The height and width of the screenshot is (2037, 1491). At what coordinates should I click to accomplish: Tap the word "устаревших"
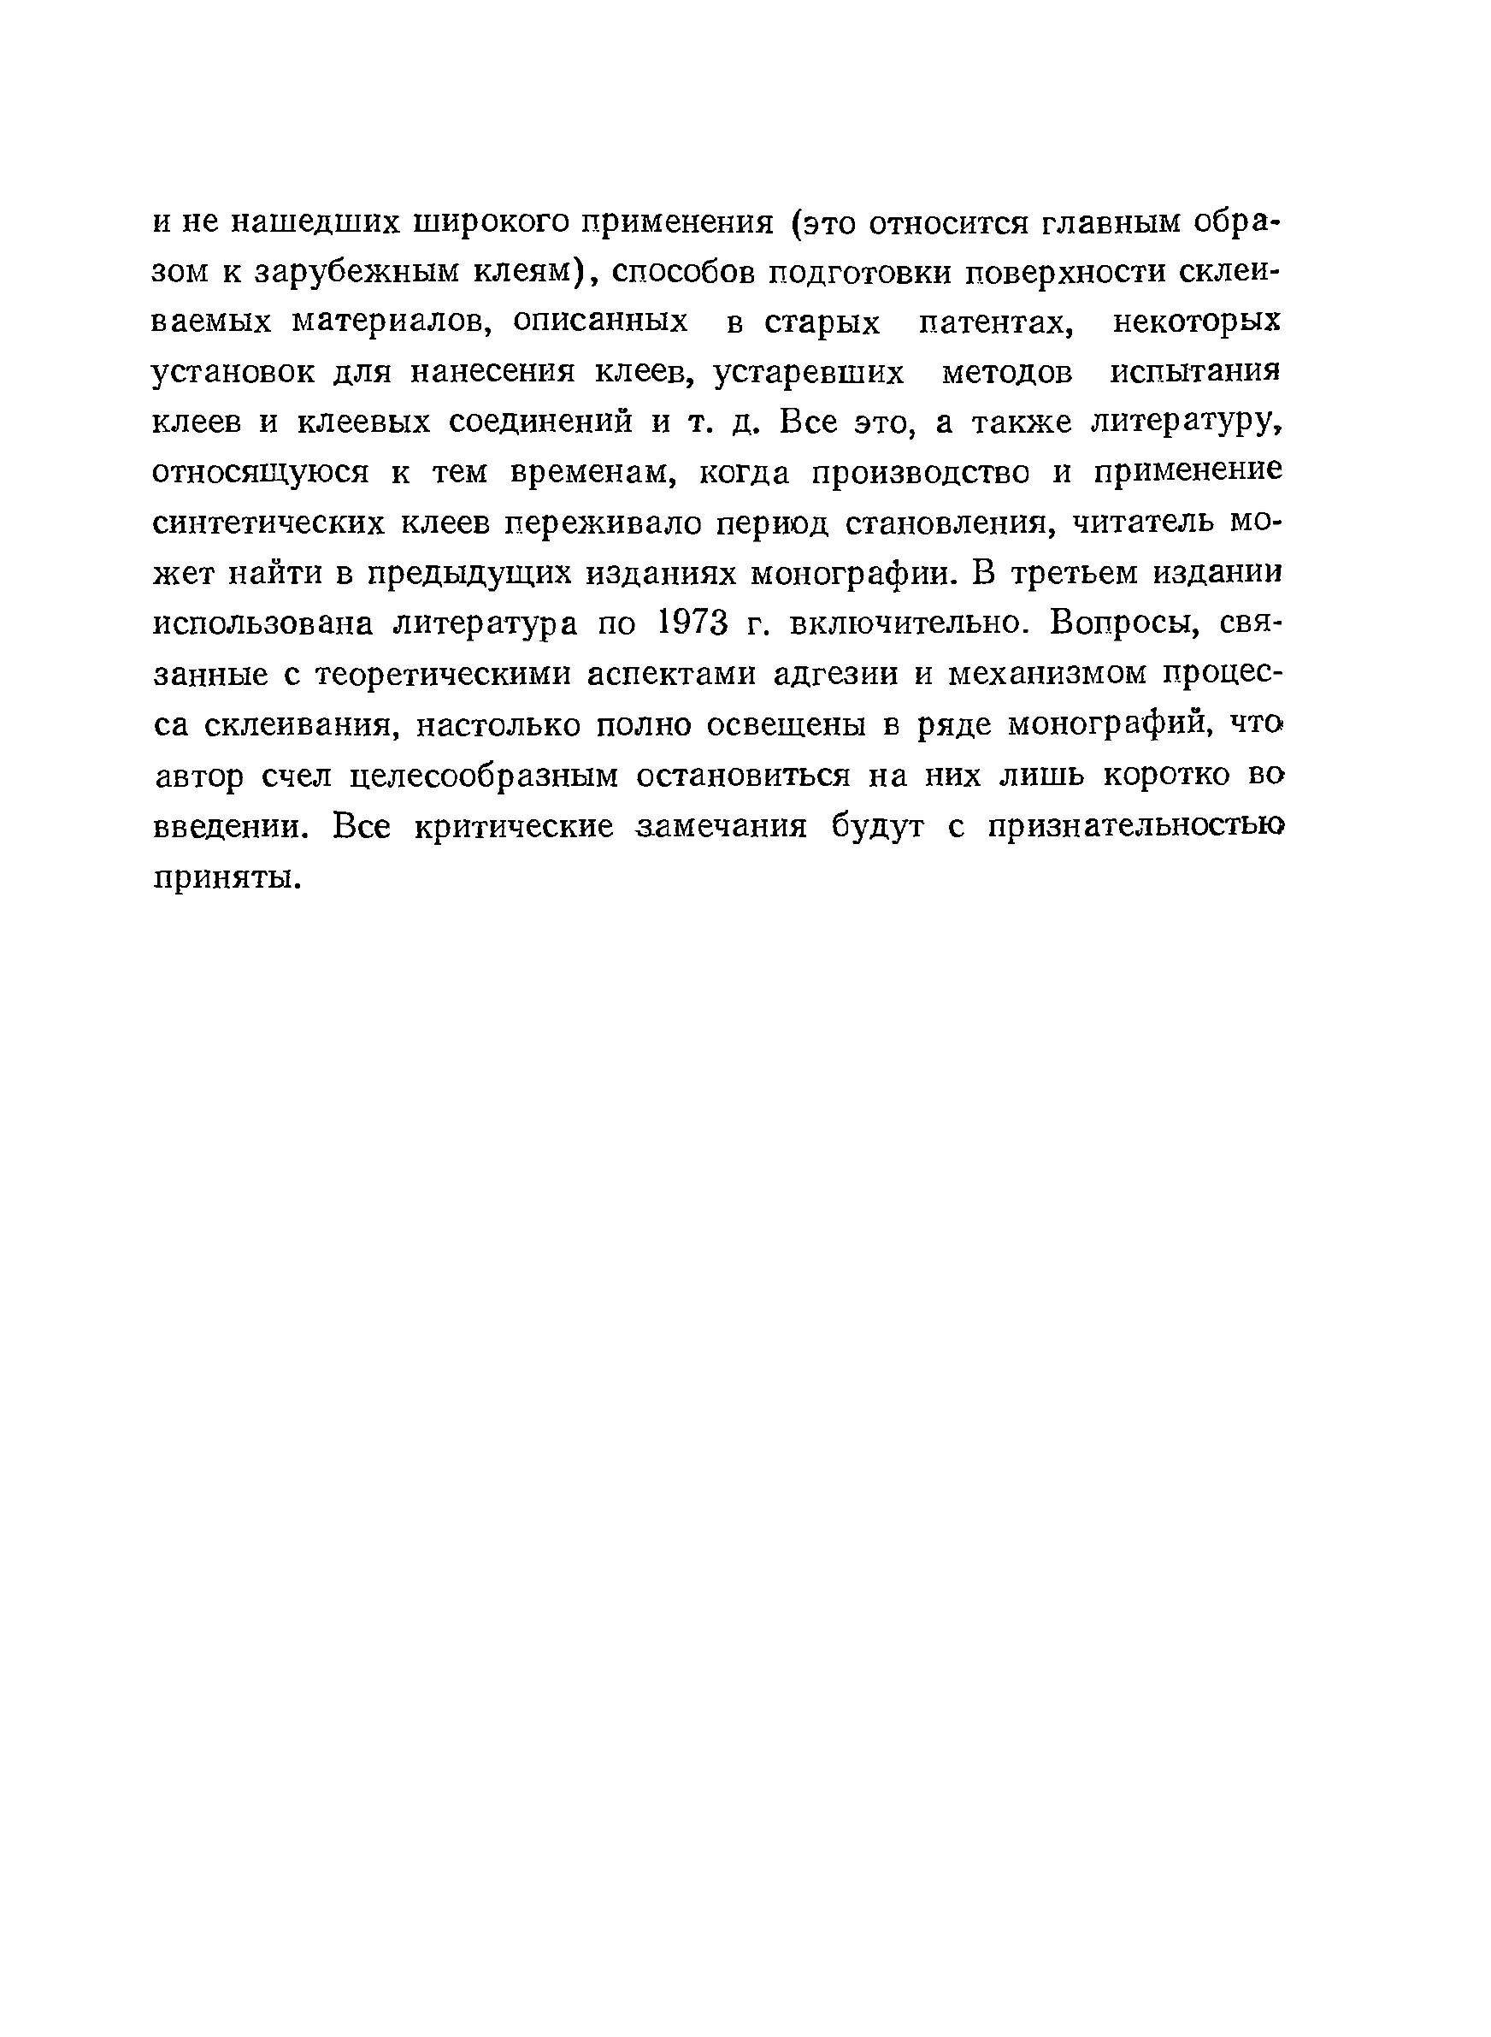(x=809, y=373)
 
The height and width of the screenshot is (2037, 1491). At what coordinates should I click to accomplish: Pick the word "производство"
(x=921, y=473)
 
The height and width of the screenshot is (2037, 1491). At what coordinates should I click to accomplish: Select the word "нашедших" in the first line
(x=309, y=221)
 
